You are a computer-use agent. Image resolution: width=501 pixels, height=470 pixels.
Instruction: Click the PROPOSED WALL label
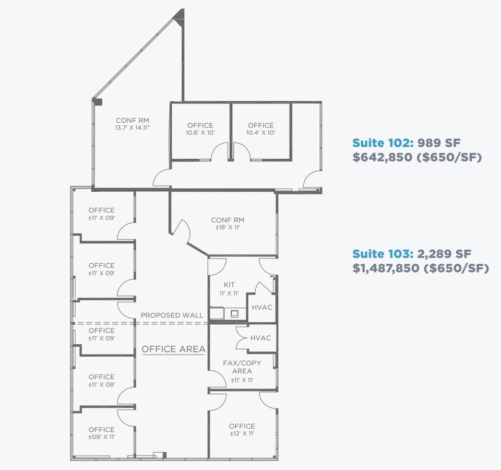tap(172, 315)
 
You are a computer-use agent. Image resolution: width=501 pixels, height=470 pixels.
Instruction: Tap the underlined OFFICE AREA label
tap(173, 349)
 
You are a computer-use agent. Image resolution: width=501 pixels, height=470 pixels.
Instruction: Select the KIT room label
tap(229, 285)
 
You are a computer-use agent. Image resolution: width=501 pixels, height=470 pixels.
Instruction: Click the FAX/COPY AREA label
tap(242, 367)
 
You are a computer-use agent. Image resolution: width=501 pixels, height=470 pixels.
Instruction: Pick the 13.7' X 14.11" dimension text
tap(133, 127)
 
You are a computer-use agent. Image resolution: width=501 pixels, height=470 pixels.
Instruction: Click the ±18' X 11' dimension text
tap(228, 228)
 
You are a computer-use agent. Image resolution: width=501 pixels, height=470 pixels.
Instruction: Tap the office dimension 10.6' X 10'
tap(200, 133)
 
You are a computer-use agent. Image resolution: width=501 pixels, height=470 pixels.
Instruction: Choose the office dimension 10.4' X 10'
tap(260, 133)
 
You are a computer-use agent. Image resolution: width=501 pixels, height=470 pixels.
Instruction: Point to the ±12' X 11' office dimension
tap(242, 433)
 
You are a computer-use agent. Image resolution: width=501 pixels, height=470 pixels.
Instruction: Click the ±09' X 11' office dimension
tap(101, 437)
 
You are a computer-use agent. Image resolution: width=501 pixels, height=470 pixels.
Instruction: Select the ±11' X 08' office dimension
tap(101, 384)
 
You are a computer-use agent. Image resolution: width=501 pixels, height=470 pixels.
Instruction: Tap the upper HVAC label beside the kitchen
tap(262, 307)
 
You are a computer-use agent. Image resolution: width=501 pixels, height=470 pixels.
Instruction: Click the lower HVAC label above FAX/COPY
tap(260, 338)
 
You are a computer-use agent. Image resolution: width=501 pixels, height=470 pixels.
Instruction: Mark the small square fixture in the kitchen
tap(234, 313)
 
